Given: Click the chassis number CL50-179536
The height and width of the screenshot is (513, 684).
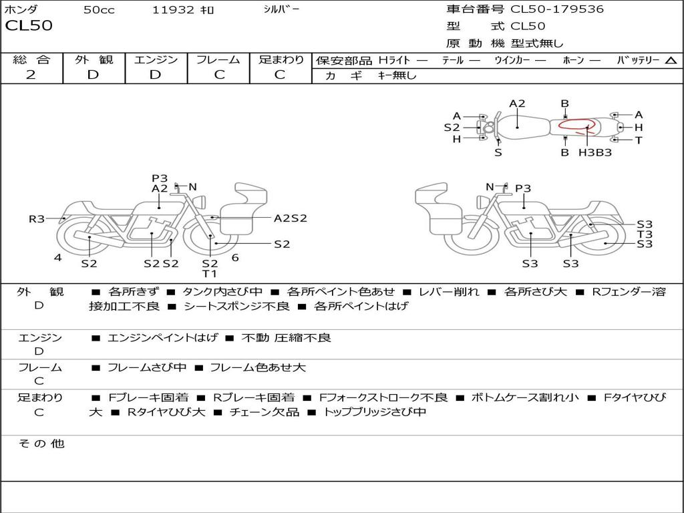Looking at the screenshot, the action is pyautogui.click(x=557, y=9).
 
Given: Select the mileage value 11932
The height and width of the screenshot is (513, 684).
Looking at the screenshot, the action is pyautogui.click(x=173, y=10).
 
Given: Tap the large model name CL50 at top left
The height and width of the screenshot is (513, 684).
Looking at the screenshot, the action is pyautogui.click(x=29, y=25).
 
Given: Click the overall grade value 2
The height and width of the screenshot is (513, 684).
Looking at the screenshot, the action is pyautogui.click(x=31, y=75).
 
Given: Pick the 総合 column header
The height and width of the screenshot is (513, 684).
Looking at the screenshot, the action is pyautogui.click(x=31, y=59).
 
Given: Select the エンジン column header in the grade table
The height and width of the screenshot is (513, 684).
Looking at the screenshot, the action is pyautogui.click(x=156, y=59).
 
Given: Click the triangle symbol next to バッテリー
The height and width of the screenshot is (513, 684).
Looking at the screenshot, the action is pyautogui.click(x=671, y=61).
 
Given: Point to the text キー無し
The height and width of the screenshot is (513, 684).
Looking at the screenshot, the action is pyautogui.click(x=397, y=75).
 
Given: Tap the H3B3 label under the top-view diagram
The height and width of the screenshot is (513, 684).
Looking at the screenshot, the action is pyautogui.click(x=595, y=153).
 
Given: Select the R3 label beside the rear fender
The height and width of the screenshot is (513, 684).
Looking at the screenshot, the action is pyautogui.click(x=37, y=218).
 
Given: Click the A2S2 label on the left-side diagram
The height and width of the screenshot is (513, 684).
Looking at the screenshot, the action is pyautogui.click(x=291, y=218).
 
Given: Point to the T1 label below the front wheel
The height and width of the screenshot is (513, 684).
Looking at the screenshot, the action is pyautogui.click(x=210, y=274).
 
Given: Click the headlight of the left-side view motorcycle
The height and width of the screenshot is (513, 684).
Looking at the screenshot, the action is pyautogui.click(x=200, y=202).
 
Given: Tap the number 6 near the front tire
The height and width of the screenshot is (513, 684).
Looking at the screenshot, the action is pyautogui.click(x=235, y=258).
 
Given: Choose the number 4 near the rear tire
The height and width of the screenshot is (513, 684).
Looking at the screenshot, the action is pyautogui.click(x=58, y=258).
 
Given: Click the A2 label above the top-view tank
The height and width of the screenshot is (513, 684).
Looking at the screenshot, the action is pyautogui.click(x=518, y=104).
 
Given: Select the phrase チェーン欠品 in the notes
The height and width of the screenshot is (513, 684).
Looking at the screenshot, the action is pyautogui.click(x=265, y=411).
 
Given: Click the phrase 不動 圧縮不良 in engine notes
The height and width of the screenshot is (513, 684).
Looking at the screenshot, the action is pyautogui.click(x=286, y=337).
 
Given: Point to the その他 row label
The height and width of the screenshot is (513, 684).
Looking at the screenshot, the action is pyautogui.click(x=41, y=444).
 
